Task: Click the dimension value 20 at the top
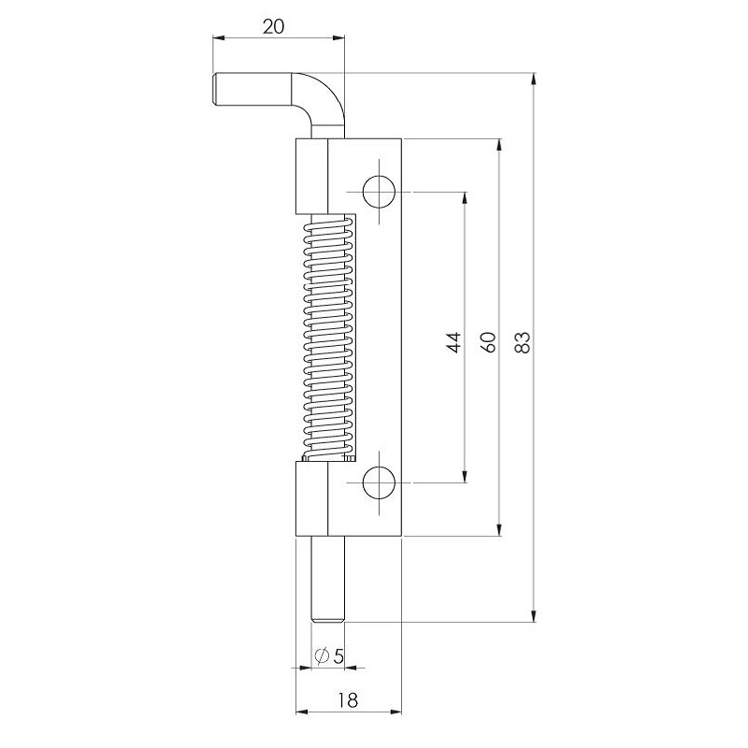coord(273,26)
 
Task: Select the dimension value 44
coord(453,341)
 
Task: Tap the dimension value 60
coord(488,341)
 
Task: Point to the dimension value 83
coord(524,341)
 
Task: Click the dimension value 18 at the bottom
coord(349,698)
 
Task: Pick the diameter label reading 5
coord(338,656)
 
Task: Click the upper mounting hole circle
coord(379,192)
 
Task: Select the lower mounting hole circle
coord(379,482)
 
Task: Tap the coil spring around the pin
coord(327,337)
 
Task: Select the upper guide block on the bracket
coord(311,178)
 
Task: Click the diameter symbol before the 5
coord(321,656)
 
